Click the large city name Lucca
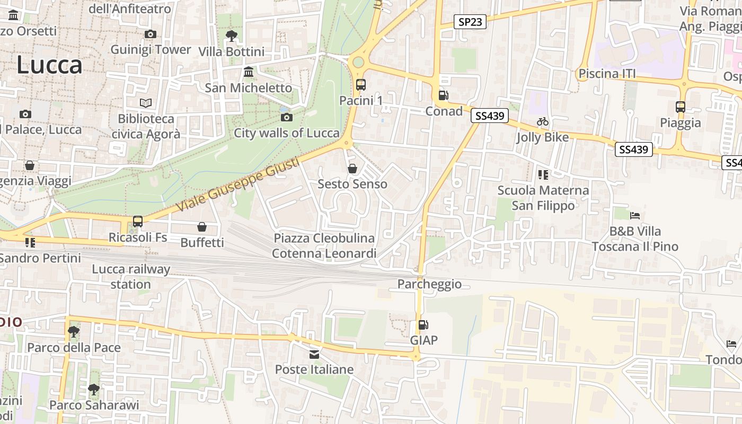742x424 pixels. pos(49,65)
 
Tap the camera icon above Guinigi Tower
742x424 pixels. pos(151,34)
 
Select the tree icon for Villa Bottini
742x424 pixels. pos(231,36)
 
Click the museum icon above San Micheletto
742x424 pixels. pos(249,72)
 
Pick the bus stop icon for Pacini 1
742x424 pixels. pos(361,84)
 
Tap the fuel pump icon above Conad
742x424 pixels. pos(444,95)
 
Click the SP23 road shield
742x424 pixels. pos(470,22)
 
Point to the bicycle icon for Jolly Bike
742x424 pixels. pos(543,121)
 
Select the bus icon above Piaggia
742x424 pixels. pos(681,107)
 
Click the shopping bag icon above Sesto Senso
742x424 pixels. pos(352,169)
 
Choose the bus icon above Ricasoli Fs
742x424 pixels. pos(138,222)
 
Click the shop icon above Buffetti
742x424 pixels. pos(202,227)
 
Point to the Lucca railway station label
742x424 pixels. pos(131,277)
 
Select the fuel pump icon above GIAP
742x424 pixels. pos(423,325)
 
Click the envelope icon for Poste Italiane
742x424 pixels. pos(314,354)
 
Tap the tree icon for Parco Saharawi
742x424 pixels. pos(94,390)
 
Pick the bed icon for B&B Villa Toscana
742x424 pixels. pos(635,216)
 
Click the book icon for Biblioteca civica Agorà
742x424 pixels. pos(146,103)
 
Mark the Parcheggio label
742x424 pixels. pos(429,284)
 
